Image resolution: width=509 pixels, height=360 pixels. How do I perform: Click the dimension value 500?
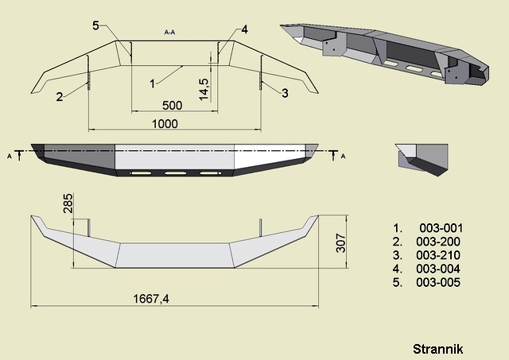point(172,106)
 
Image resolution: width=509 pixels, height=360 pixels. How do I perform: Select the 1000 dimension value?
point(165,124)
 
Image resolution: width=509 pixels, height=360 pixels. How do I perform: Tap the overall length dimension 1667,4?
point(151,299)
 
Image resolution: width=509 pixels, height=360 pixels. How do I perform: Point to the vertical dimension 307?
point(341,242)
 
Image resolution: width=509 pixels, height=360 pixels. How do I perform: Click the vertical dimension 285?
point(68,203)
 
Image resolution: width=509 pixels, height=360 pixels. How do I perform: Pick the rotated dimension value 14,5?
point(204,90)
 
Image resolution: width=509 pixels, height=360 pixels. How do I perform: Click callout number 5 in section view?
point(95,25)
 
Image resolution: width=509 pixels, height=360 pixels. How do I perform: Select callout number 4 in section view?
point(244,29)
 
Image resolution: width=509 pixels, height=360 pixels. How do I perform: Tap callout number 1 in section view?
point(152,84)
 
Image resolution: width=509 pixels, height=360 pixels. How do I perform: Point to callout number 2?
point(59,97)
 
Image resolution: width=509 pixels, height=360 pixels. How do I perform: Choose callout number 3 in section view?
point(285,94)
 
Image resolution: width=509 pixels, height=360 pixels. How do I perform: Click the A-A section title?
point(169,32)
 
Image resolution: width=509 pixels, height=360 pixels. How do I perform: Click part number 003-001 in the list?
point(441,228)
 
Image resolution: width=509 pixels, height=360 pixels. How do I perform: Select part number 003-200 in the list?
point(438,242)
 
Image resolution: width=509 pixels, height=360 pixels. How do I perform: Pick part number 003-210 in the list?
point(438,255)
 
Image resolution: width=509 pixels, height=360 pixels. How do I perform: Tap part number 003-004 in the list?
point(438,269)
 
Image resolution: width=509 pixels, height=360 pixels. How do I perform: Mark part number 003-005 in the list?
point(438,282)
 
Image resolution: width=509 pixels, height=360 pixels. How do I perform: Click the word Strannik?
point(438,350)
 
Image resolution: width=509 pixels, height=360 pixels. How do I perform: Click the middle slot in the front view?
point(176,173)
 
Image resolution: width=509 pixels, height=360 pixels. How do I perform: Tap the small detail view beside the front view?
point(422,160)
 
